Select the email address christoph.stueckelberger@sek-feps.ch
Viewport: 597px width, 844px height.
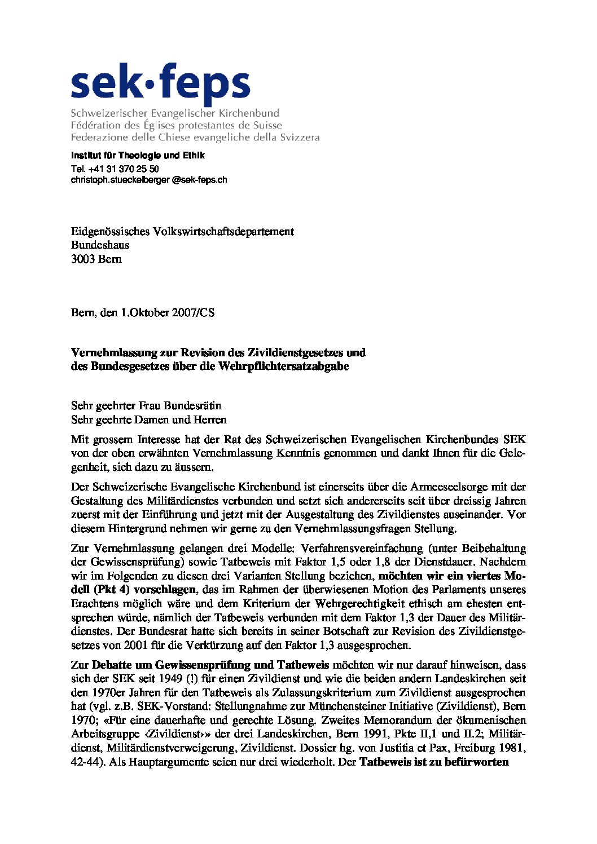click(x=149, y=180)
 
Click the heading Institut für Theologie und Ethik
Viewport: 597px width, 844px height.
click(x=138, y=156)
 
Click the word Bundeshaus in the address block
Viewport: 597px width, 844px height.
click(x=100, y=245)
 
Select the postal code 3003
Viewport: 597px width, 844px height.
click(x=83, y=259)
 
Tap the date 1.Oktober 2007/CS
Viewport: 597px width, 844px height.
click(x=168, y=312)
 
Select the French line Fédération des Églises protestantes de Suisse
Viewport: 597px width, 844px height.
click(x=177, y=125)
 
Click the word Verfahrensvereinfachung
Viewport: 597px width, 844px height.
click(x=361, y=549)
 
